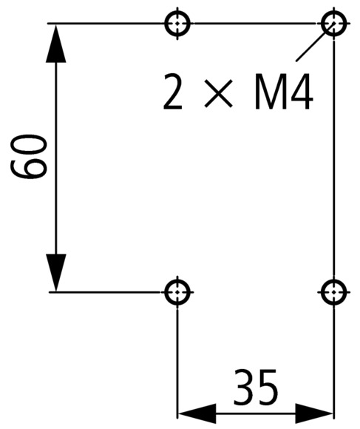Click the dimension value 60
28,156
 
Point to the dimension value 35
255,387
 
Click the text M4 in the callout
283,92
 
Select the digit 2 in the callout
173,92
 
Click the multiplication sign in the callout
218,93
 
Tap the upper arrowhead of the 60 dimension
56,44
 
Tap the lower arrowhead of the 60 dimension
56,272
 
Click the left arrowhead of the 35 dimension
197,413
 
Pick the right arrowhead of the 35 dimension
314,413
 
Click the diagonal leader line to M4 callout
315,42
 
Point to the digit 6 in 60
28,168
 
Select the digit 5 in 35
267,387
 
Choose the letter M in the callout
271,92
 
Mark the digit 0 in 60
28,144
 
